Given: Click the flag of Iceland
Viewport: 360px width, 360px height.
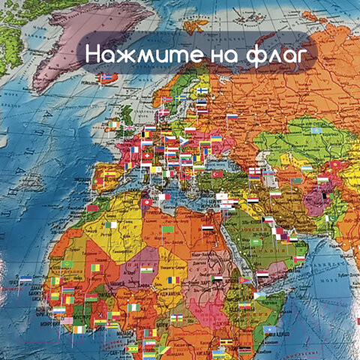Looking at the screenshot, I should click(x=106, y=77).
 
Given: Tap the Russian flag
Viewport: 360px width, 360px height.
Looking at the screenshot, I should click(x=232, y=117).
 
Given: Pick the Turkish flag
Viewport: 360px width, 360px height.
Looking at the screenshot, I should click(x=218, y=174).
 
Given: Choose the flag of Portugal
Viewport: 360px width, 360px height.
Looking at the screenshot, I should click(x=98, y=181).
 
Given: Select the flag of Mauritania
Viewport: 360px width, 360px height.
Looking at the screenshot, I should click(x=69, y=263).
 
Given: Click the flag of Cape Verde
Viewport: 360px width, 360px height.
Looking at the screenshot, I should click(x=25, y=279).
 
